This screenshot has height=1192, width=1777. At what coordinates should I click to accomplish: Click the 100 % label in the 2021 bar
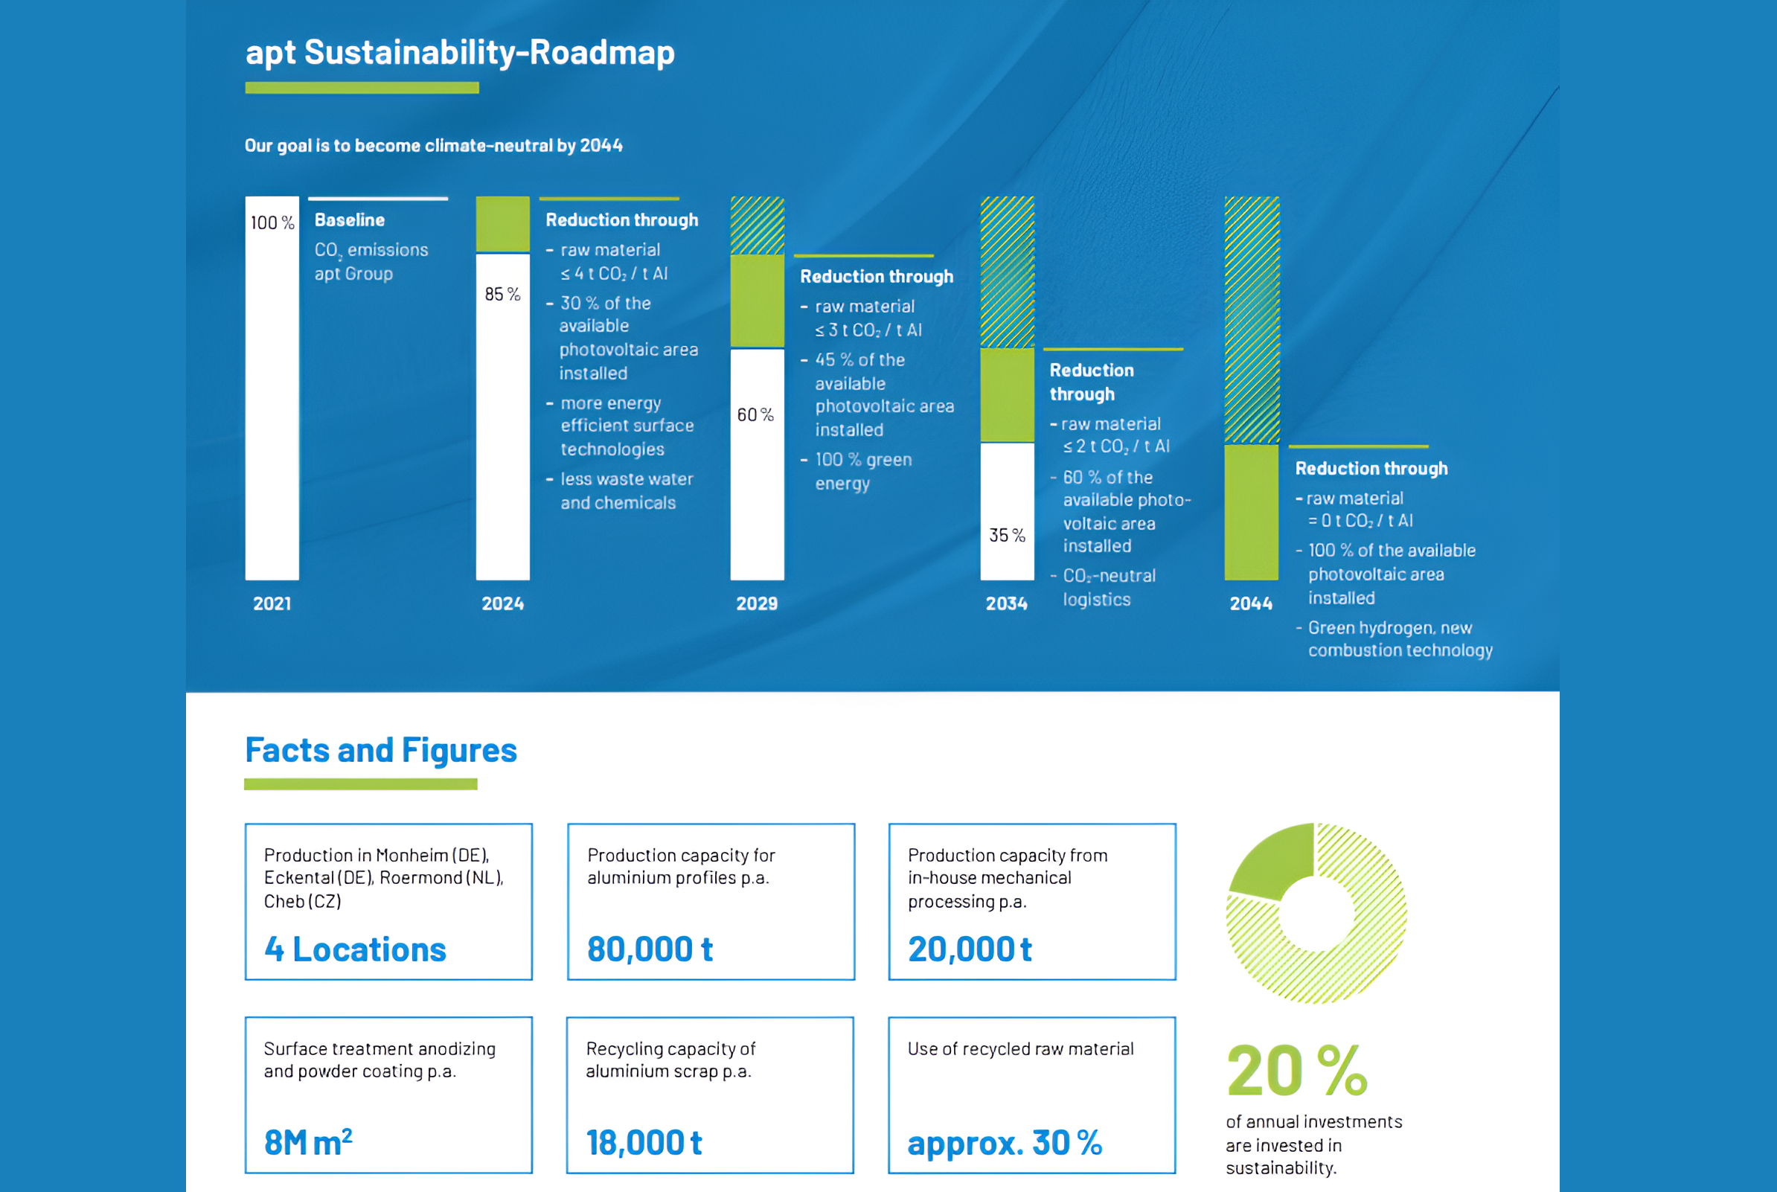tap(272, 222)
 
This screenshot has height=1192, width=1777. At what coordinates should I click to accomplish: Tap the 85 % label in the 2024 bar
tap(502, 294)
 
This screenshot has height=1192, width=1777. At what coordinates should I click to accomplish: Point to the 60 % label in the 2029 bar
tap(755, 415)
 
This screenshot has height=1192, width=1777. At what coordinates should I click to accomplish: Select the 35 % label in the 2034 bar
tap(1007, 535)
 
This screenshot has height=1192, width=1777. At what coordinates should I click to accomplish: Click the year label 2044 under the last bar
tap(1251, 603)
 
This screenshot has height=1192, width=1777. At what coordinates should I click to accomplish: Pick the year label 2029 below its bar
tap(756, 603)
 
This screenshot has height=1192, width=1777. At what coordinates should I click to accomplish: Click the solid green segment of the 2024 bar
tap(502, 224)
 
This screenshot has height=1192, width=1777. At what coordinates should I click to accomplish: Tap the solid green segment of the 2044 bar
tap(1251, 513)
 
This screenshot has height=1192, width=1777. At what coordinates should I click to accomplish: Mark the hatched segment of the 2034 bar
tap(1007, 272)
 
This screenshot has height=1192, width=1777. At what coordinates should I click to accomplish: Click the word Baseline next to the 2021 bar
tap(350, 220)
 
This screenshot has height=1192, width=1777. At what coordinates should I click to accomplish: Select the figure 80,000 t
tap(650, 949)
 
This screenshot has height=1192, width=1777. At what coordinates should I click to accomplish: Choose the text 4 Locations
tap(355, 949)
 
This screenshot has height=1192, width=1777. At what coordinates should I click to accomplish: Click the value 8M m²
tap(308, 1142)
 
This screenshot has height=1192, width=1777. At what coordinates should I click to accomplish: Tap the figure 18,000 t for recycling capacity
tap(644, 1143)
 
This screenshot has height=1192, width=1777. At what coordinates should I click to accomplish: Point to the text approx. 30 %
tap(1004, 1143)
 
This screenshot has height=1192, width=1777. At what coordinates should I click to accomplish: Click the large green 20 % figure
tap(1296, 1071)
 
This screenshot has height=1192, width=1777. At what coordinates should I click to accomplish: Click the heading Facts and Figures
tap(381, 750)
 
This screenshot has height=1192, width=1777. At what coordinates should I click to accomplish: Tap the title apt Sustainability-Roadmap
tap(460, 52)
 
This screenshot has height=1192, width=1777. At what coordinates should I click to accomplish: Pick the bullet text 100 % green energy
tap(862, 471)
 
